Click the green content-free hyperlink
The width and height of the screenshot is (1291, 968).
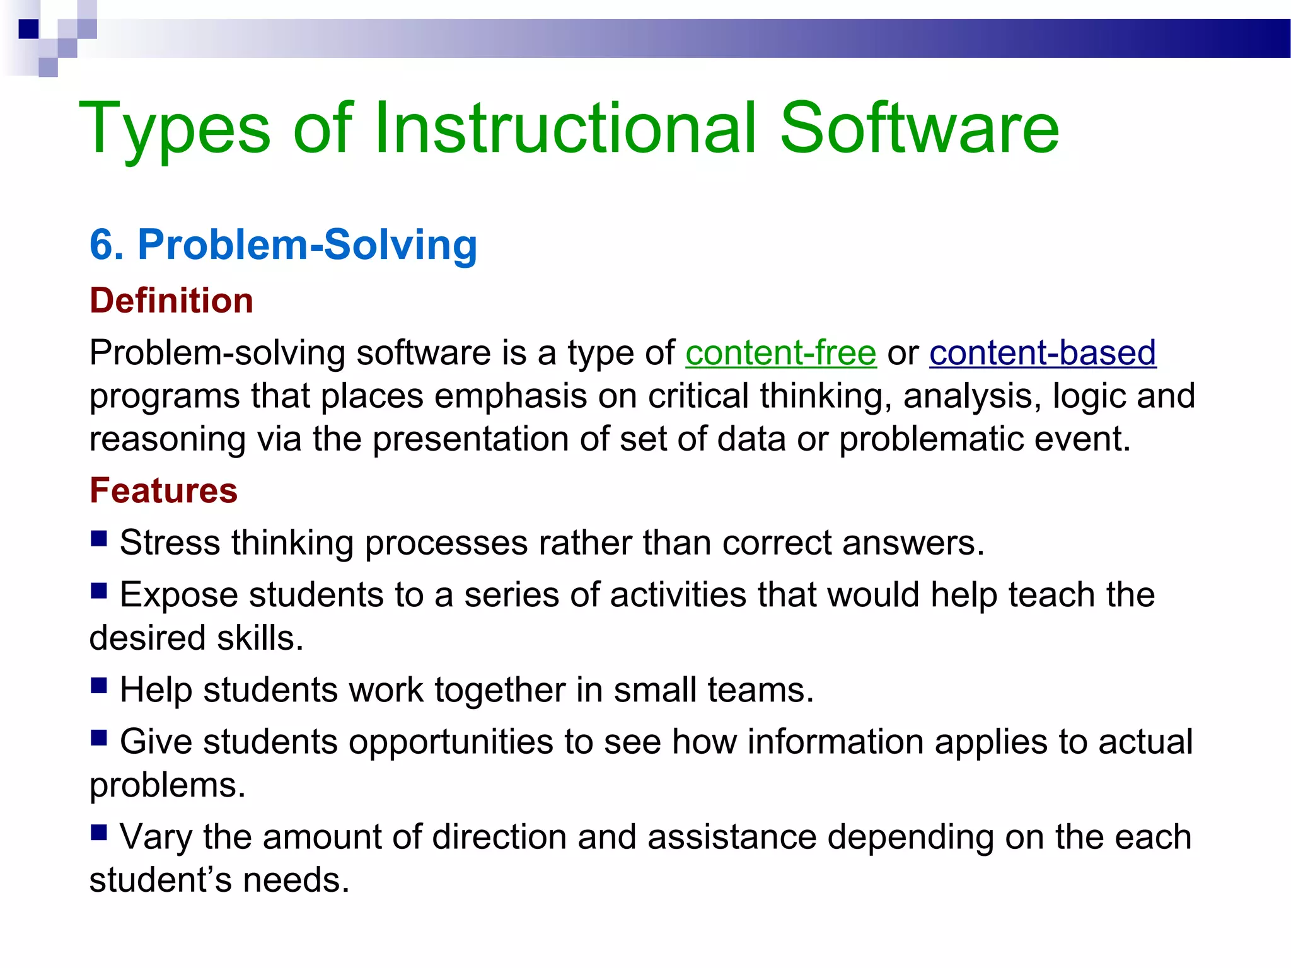pos(780,353)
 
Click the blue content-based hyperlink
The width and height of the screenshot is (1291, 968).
pos(1042,353)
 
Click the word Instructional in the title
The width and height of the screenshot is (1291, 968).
pos(564,129)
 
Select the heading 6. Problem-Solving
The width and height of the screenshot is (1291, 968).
pos(283,245)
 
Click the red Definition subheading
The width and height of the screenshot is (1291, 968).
pos(171,301)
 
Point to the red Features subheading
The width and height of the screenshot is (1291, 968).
pos(163,491)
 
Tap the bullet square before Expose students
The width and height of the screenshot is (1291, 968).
pos(99,591)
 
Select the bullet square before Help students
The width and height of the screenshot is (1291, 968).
pos(99,685)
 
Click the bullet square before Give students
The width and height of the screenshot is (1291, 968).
pos(99,737)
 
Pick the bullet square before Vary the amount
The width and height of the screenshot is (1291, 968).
pos(99,833)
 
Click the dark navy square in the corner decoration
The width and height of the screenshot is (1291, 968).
pos(28,29)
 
